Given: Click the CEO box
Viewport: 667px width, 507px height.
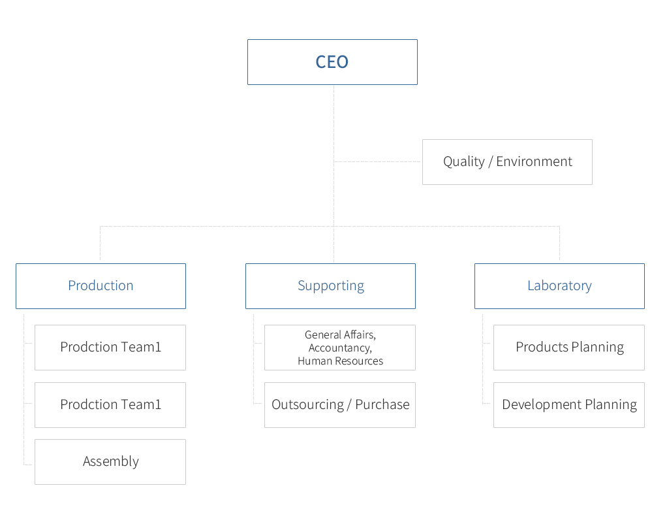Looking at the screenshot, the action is click(332, 62).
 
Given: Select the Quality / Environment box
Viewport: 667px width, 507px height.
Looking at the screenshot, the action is click(507, 162).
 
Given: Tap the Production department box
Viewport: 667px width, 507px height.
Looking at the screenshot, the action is click(101, 286).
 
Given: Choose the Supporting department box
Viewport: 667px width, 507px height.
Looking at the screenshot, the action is click(330, 286).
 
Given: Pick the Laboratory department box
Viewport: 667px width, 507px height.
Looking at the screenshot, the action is click(559, 286).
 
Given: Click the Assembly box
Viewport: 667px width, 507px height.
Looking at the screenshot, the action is click(110, 462).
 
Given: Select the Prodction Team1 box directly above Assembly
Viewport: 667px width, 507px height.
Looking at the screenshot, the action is click(110, 405).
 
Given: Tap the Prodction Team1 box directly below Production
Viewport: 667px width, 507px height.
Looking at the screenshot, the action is click(110, 348).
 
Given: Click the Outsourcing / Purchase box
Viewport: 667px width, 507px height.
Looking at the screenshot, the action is click(340, 405).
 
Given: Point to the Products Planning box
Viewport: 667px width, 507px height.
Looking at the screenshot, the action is click(568, 348).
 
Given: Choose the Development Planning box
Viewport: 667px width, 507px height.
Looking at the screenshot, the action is click(568, 405).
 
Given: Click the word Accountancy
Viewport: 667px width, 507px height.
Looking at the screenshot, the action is click(340, 348).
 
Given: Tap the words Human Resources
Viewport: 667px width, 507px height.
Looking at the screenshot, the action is click(340, 361).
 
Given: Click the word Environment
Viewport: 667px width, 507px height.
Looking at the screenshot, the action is click(535, 161).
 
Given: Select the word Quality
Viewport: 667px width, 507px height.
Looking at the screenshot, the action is click(464, 162).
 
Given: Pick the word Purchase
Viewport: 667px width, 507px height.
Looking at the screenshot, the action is click(382, 404).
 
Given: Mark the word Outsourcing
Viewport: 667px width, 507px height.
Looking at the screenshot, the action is click(307, 405).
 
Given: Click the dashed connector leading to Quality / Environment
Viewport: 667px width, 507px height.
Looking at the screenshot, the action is click(378, 162).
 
